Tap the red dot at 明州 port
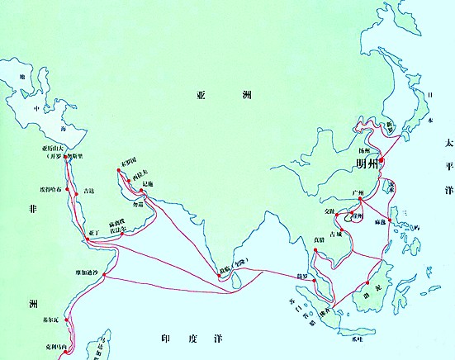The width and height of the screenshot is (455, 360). (382, 161)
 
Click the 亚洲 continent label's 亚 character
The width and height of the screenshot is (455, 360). (201, 95)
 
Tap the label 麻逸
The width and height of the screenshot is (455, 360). (381, 222)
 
